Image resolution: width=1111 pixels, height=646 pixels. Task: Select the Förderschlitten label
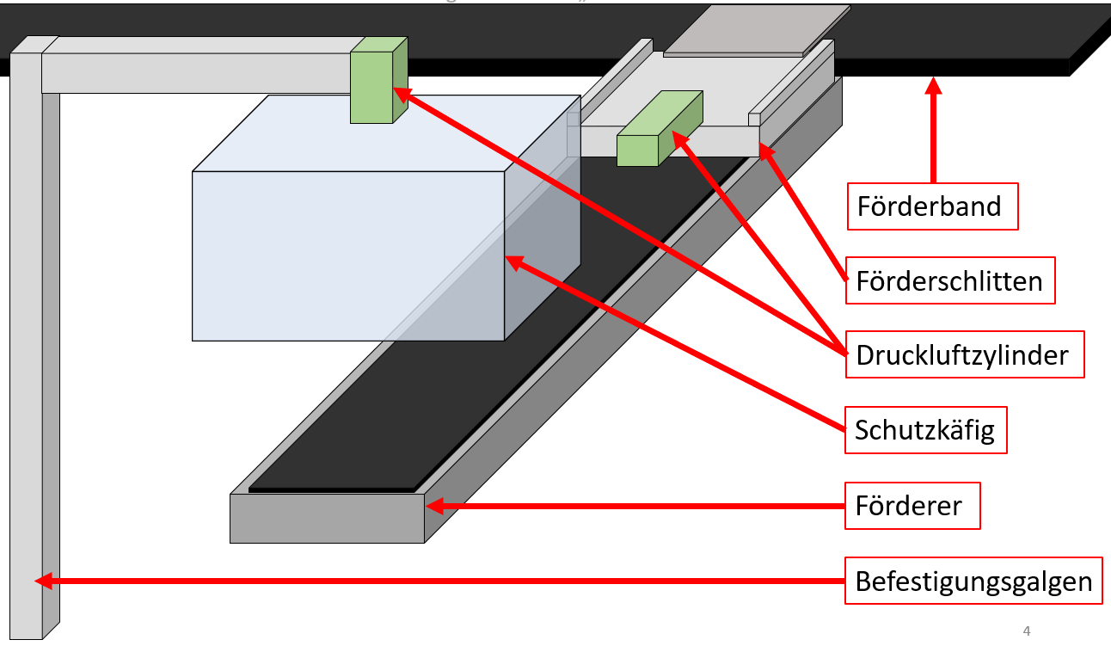(949, 280)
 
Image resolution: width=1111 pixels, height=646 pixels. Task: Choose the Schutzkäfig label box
(924, 430)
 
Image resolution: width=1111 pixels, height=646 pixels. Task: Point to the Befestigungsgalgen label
(973, 581)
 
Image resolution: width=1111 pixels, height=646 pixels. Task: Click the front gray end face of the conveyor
(327, 518)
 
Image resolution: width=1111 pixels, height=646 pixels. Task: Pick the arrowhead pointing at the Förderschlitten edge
(764, 151)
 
